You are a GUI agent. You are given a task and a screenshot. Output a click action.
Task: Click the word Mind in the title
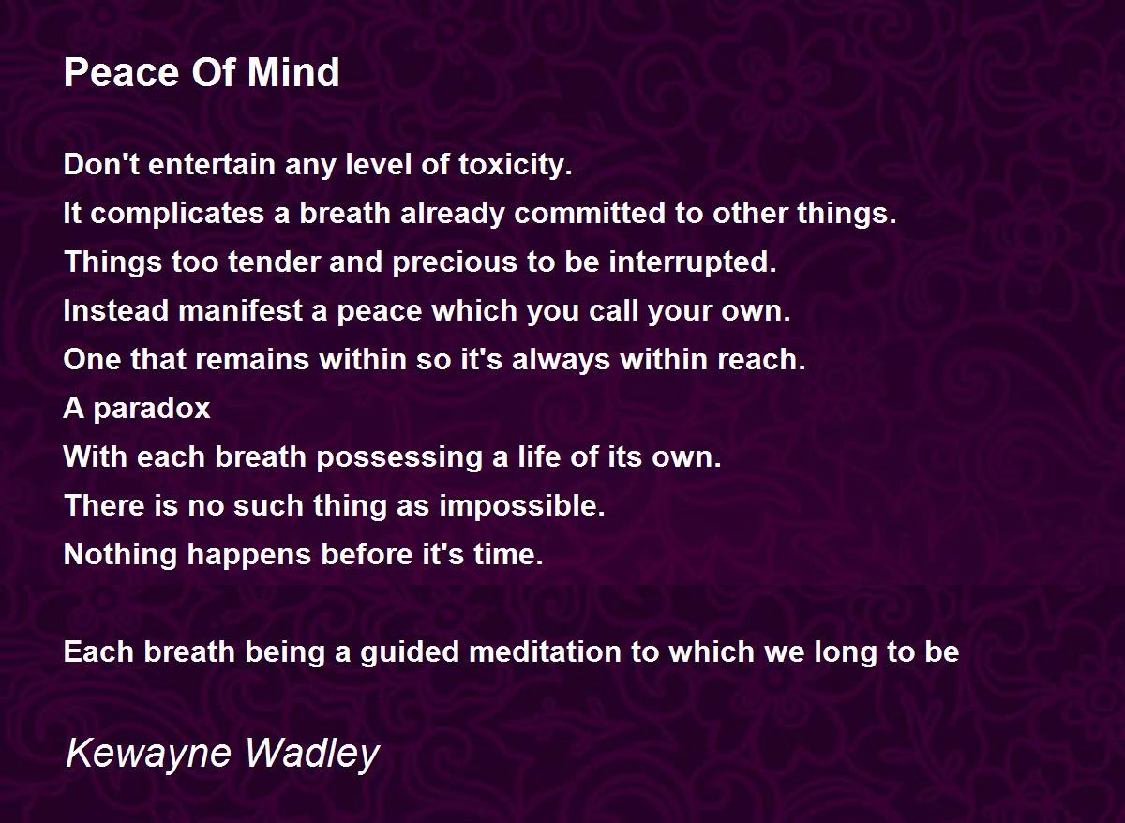point(293,72)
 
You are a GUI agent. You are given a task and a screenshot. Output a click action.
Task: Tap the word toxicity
point(516,165)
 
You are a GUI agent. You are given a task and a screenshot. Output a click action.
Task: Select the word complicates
point(177,214)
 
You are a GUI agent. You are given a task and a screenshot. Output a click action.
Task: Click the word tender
point(274,262)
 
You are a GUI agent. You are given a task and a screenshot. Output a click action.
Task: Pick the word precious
point(455,263)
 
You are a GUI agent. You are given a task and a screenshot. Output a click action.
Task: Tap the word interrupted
point(693,263)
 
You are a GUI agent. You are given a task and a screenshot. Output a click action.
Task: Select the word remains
point(251,360)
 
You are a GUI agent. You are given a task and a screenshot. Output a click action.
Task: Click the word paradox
point(152,410)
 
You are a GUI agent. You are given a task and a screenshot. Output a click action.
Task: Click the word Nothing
point(121,555)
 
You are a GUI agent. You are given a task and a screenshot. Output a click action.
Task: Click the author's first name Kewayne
point(149,755)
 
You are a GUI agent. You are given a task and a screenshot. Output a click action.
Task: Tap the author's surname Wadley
point(312,755)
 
